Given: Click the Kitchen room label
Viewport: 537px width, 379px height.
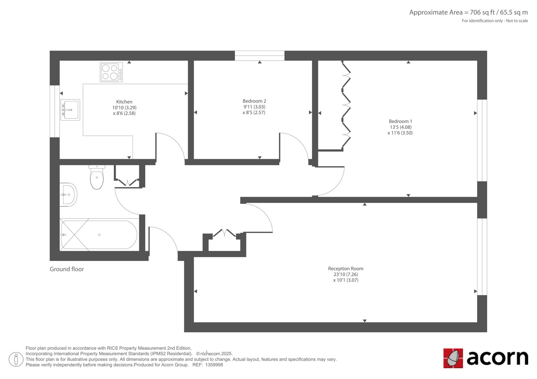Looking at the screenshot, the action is [124, 102].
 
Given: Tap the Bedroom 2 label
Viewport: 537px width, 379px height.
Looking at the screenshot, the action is [254, 101].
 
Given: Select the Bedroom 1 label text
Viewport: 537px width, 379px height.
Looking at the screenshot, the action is [400, 121].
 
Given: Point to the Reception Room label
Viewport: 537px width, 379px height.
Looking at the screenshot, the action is [346, 269].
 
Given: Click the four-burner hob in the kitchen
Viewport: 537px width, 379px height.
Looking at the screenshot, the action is [111, 72].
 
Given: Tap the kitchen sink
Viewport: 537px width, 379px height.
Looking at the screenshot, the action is [70, 110].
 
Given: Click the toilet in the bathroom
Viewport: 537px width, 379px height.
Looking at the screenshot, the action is [97, 177].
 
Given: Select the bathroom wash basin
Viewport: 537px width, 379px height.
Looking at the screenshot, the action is [68, 195].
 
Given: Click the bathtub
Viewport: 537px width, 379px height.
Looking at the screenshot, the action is [99, 235].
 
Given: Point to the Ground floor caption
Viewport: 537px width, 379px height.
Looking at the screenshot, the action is [67, 269].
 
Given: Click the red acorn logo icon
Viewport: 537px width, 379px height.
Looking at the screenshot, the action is [453, 358].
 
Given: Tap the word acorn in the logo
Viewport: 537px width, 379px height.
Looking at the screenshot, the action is [497, 358].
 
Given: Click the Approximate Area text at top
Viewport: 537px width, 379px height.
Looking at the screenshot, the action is [469, 12].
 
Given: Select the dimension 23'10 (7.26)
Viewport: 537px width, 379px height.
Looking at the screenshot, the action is [346, 274].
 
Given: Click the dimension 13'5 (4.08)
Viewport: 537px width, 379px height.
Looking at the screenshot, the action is [400, 127].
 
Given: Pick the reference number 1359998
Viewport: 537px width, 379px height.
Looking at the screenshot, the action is [214, 365].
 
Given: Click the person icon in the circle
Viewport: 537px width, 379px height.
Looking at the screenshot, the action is [16, 359].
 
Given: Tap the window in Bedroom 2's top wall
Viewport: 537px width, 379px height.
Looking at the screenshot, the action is [260, 56].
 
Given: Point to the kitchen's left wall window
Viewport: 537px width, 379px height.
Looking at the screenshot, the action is [55, 111].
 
